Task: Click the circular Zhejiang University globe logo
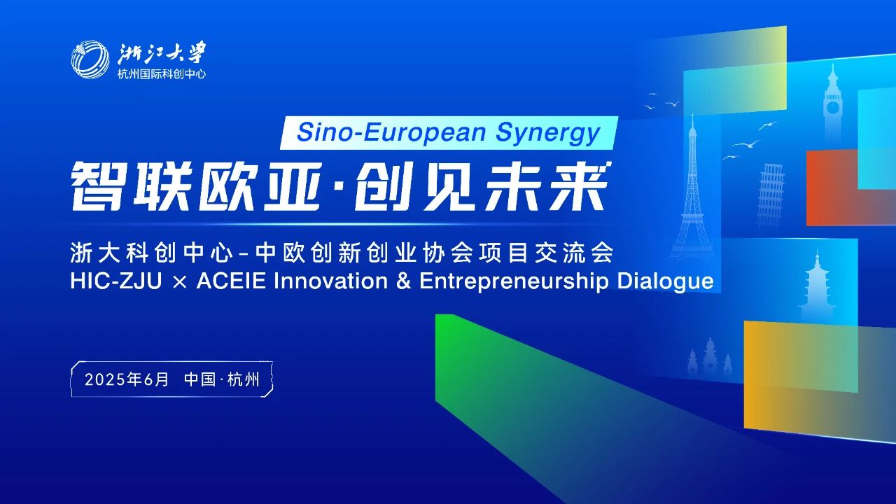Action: (x=90, y=59)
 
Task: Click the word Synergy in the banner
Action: (x=548, y=133)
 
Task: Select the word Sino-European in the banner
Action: (x=391, y=132)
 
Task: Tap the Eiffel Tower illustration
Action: (x=692, y=192)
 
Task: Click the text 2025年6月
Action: (x=127, y=379)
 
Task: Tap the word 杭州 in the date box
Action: (x=244, y=379)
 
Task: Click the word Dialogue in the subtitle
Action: (x=665, y=281)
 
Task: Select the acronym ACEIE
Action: (x=231, y=281)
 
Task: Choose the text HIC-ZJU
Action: (x=116, y=281)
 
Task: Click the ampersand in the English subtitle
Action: (x=404, y=281)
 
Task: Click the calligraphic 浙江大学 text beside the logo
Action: (x=162, y=54)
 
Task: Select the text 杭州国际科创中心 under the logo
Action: (x=162, y=74)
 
